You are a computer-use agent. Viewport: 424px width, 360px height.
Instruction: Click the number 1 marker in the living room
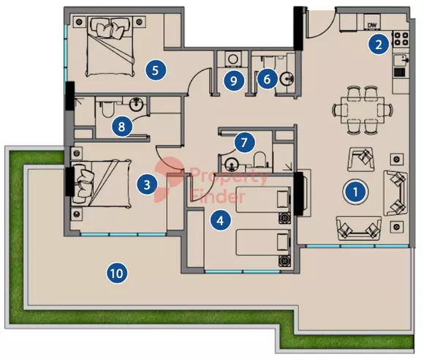point(355,192)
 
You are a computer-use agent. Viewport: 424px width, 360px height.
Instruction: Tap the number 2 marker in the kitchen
point(379,44)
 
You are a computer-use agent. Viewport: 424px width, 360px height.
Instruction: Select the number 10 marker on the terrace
point(117,274)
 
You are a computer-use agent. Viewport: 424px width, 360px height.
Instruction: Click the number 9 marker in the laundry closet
point(234,80)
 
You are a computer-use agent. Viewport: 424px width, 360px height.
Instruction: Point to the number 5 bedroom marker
point(155,70)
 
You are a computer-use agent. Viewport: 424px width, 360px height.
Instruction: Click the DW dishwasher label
point(372,26)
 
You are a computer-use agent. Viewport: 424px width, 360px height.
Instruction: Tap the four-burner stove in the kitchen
point(401,39)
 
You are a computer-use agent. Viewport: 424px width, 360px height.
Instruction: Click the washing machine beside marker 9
point(233,59)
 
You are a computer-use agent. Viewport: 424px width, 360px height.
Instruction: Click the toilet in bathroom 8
point(109,109)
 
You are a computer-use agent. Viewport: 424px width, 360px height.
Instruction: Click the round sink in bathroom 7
point(232,164)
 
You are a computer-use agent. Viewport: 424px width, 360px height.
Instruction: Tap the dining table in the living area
point(363,110)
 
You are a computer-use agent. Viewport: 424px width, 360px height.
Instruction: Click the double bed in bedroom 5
point(110,46)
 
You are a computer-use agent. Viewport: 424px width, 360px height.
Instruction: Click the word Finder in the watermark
point(218,197)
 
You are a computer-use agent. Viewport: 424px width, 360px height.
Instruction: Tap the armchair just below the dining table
point(361,160)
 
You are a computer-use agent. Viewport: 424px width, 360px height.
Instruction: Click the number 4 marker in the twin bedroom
point(221,220)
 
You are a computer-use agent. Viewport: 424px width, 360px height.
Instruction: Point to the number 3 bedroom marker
point(147,185)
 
